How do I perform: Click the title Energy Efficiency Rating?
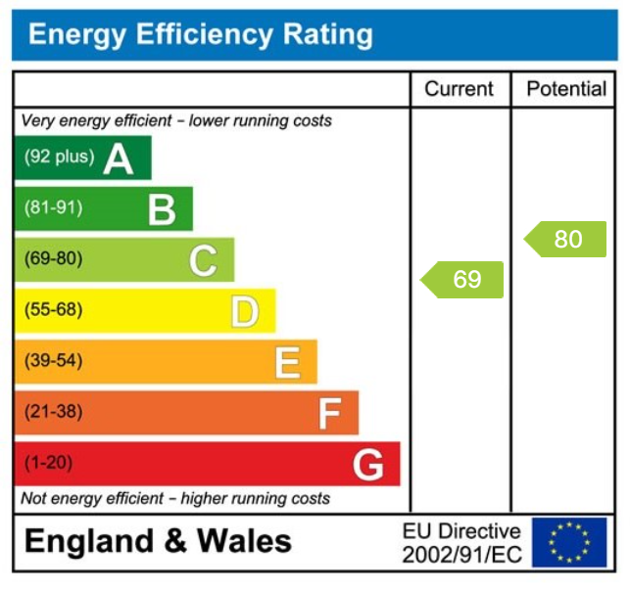pyautogui.click(x=201, y=35)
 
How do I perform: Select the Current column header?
pyautogui.click(x=459, y=89)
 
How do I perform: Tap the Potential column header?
pyautogui.click(x=566, y=89)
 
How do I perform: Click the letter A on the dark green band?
pyautogui.click(x=118, y=158)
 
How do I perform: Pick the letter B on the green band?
pyautogui.click(x=161, y=208)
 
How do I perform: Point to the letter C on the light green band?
pyautogui.click(x=203, y=260)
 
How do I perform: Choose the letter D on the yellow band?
pyautogui.click(x=245, y=311)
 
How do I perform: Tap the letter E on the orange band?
pyautogui.click(x=286, y=362)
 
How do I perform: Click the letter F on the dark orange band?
pyautogui.click(x=328, y=413)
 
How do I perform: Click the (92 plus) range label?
pyautogui.click(x=59, y=157)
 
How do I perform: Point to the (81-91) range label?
pyautogui.click(x=54, y=208)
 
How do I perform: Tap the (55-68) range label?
pyautogui.click(x=54, y=310)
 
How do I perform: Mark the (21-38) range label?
pyautogui.click(x=54, y=412)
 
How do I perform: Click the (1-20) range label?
pyautogui.click(x=48, y=463)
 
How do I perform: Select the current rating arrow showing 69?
pyautogui.click(x=462, y=280)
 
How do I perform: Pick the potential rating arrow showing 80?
pyautogui.click(x=565, y=239)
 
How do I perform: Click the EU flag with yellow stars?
pyautogui.click(x=569, y=542)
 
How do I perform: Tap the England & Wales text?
pyautogui.click(x=158, y=541)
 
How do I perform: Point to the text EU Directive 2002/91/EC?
pyautogui.click(x=461, y=543)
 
